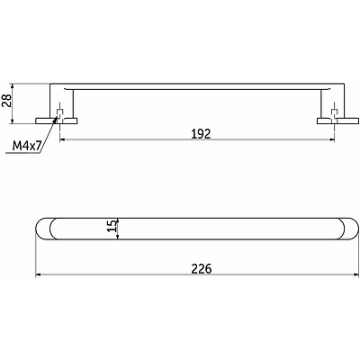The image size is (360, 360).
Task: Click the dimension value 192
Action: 202,134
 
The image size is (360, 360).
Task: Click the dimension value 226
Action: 202,269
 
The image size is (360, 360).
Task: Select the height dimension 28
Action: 6,100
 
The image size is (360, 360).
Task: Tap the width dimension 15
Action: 111,226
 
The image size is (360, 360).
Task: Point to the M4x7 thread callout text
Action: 27,146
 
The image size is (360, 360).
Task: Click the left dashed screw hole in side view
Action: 60,113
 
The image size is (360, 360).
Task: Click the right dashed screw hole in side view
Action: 334,113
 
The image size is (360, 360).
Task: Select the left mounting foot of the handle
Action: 57,121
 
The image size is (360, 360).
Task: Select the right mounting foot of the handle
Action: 337,121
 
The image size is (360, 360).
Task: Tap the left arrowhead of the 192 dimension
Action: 62,139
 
